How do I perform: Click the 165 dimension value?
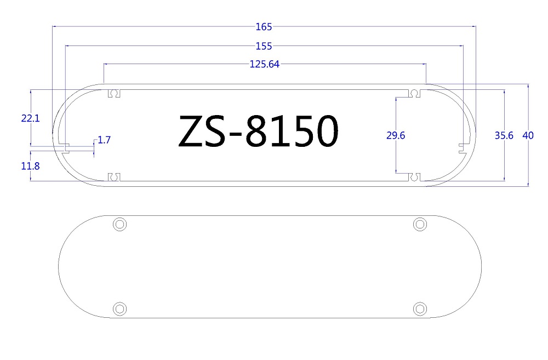tap(264, 26)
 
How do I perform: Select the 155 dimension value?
tap(264, 46)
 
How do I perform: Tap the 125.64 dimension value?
tap(265, 64)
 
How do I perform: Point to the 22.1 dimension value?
tap(30, 118)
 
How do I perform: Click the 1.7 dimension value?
tap(104, 140)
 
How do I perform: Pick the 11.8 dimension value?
tap(30, 166)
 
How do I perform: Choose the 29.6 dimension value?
tap(396, 135)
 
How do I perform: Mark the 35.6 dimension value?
tap(504, 135)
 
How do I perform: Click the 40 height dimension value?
tap(528, 135)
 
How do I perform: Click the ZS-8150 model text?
tap(259, 131)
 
